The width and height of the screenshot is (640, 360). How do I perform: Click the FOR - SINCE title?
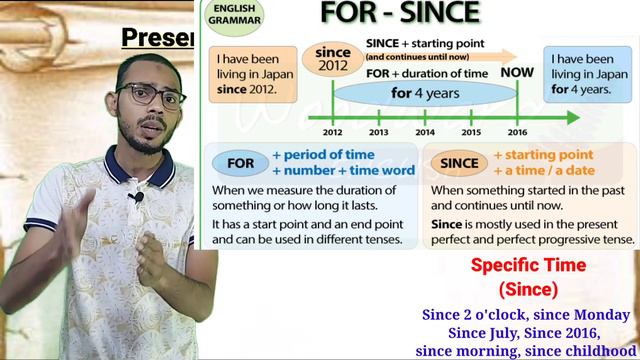pos(400,13)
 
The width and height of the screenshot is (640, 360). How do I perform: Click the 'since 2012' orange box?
pos(332,60)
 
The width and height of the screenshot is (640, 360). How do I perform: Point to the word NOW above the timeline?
pos(517,73)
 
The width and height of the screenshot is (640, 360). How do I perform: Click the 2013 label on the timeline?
pos(379,132)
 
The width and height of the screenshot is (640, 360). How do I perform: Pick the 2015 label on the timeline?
pos(471,132)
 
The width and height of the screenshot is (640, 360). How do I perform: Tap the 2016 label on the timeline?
pos(518,132)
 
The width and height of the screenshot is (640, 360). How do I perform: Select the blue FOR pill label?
pos(240,162)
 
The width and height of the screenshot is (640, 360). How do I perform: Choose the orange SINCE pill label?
pos(459,162)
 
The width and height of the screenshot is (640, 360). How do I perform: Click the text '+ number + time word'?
pos(343,171)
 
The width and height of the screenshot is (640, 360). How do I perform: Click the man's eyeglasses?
pos(151,95)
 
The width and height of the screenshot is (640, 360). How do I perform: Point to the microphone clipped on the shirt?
pos(137,197)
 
